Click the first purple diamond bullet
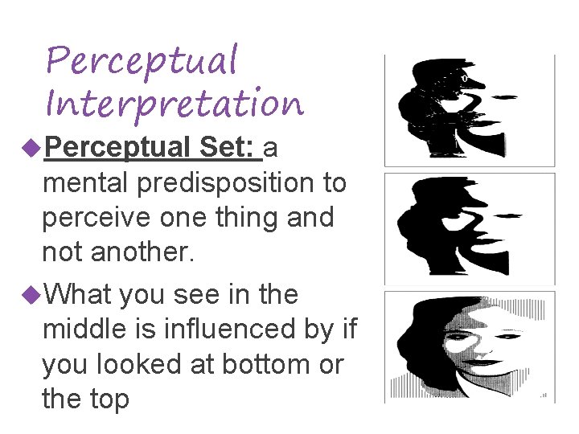click(x=32, y=148)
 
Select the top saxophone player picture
click(x=469, y=110)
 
